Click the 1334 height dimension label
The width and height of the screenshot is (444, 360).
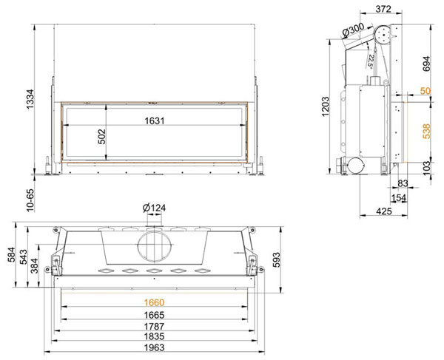click(30, 99)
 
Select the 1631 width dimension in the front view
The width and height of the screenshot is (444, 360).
click(155, 120)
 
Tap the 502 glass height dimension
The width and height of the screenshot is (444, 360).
click(101, 137)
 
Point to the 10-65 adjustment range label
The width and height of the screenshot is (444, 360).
click(30, 200)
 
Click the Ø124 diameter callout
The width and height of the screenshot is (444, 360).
click(154, 208)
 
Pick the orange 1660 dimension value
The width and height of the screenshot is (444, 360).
click(154, 302)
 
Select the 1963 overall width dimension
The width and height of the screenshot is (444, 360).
click(154, 347)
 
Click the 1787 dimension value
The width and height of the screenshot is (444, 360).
click(154, 326)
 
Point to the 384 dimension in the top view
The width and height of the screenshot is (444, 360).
click(34, 266)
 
